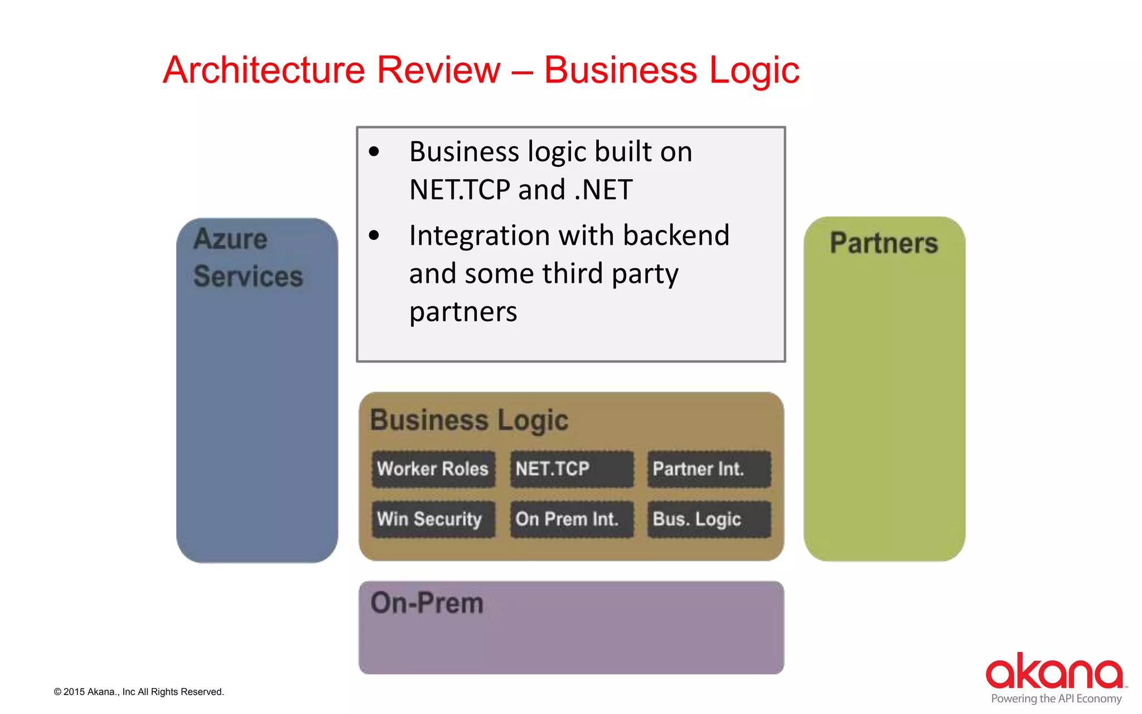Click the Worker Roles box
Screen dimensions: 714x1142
click(x=433, y=469)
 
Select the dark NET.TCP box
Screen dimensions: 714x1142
click(x=572, y=469)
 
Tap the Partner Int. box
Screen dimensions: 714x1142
click(x=709, y=469)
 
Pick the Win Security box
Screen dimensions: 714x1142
click(x=433, y=519)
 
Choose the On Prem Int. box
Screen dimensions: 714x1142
click(x=572, y=519)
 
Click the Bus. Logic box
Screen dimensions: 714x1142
click(x=709, y=519)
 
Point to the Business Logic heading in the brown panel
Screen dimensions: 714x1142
click(x=469, y=420)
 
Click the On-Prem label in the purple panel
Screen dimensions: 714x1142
click(x=427, y=603)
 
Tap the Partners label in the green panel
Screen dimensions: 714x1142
click(x=884, y=243)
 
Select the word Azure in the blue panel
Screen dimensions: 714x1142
click(x=230, y=239)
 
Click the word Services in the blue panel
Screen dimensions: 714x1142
click(x=248, y=276)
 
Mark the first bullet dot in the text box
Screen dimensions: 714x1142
click(x=374, y=152)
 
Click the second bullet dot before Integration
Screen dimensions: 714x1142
click(x=374, y=235)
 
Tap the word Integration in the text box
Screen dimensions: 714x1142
click(x=472, y=235)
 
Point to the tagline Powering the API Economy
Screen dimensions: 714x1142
click(x=1056, y=698)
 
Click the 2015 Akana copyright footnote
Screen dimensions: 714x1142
click(x=139, y=692)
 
